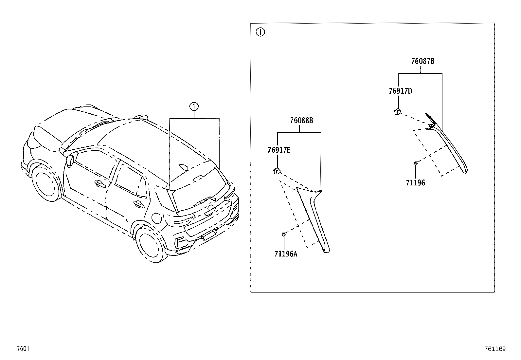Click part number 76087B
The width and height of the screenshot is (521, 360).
(x=422, y=61)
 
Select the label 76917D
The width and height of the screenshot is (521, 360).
(x=400, y=91)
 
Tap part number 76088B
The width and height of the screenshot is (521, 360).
(x=301, y=121)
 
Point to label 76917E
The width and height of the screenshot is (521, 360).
(x=279, y=150)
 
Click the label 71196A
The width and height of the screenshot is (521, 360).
(x=286, y=254)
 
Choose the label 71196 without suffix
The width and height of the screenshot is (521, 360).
(x=415, y=183)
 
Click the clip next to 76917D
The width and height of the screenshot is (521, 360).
(x=397, y=112)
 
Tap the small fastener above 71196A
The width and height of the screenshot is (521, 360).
(x=284, y=234)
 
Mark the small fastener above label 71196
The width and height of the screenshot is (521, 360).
(x=416, y=163)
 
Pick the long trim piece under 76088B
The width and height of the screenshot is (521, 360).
(x=314, y=219)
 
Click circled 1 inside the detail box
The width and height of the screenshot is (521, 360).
(x=260, y=32)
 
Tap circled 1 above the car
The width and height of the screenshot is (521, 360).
(x=194, y=106)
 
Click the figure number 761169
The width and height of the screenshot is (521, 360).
(x=495, y=349)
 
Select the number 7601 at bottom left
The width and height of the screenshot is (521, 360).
(x=23, y=349)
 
